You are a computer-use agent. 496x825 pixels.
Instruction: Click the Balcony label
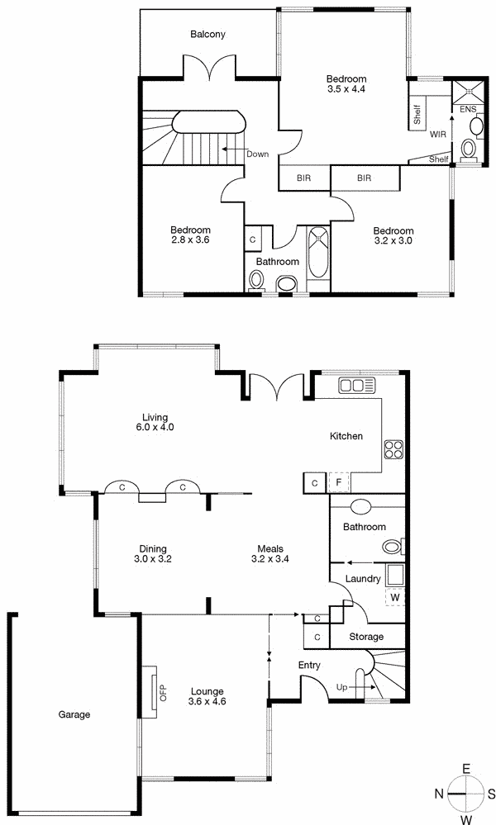(x=207, y=35)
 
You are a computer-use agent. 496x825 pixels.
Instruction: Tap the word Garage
(x=74, y=714)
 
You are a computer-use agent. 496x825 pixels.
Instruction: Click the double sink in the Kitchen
(x=357, y=385)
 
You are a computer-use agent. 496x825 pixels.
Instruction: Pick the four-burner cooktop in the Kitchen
(x=393, y=451)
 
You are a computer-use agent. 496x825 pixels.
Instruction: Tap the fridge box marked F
(x=339, y=482)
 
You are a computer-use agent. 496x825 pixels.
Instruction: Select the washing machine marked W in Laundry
(x=394, y=596)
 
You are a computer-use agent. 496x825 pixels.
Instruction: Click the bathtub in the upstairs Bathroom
(x=318, y=257)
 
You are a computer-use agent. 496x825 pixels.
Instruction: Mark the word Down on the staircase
(x=257, y=154)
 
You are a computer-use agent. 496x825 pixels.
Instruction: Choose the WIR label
(x=438, y=134)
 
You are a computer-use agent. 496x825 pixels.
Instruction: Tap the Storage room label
(x=366, y=637)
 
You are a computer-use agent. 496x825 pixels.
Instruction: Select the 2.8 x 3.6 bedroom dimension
(x=190, y=241)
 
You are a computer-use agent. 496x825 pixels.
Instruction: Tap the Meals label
(x=270, y=548)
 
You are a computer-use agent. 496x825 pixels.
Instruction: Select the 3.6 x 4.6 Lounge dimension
(x=207, y=701)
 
